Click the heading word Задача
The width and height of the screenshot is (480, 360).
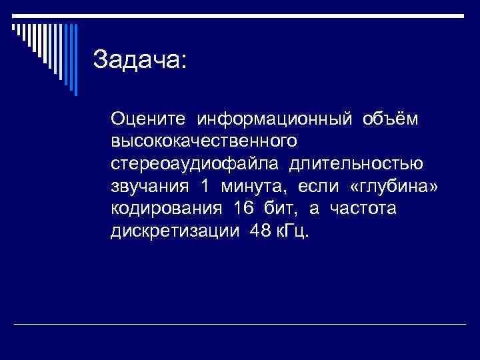141,59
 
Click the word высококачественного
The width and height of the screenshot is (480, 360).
204,141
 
